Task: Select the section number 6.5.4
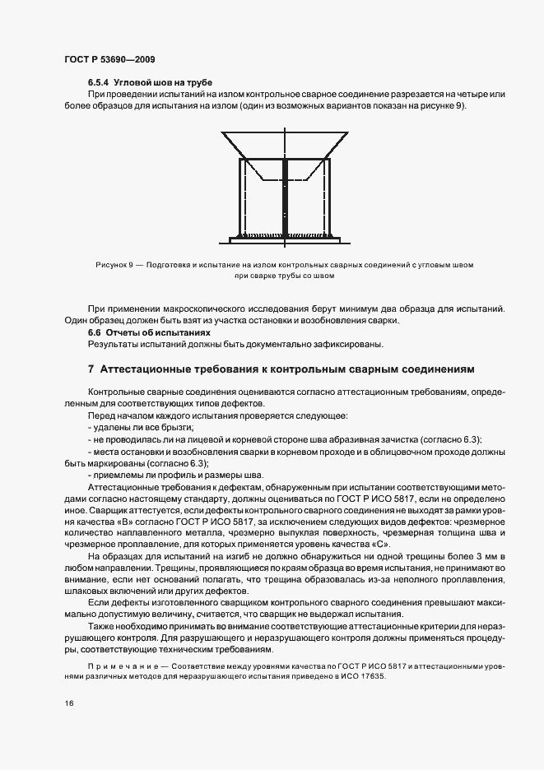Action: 99,83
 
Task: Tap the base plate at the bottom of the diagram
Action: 285,238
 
